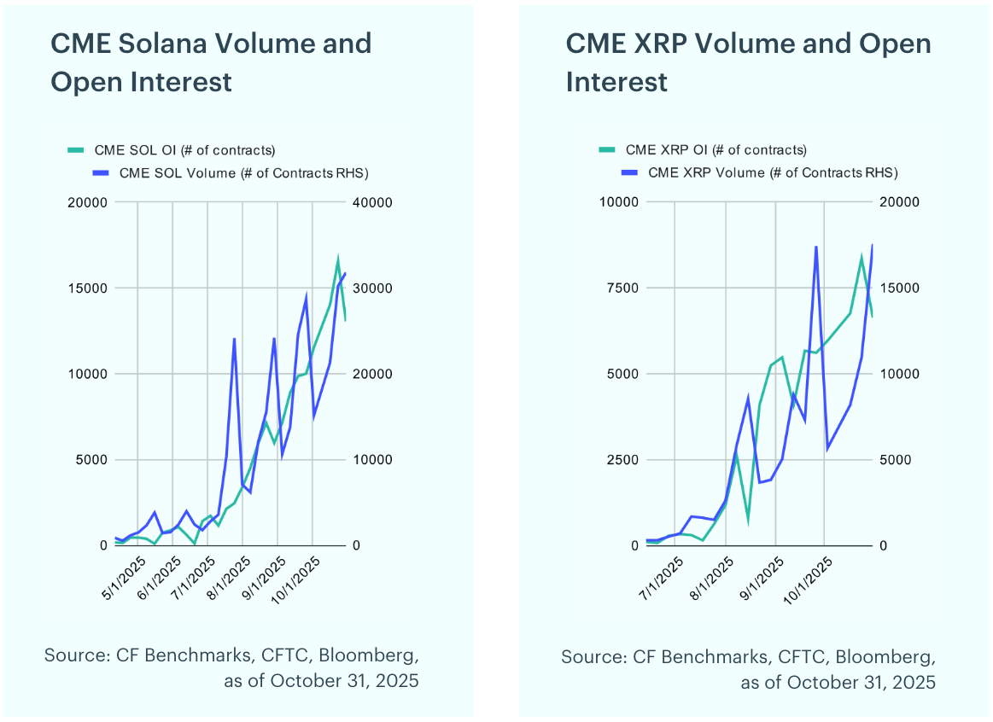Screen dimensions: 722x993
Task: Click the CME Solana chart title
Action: [211, 62]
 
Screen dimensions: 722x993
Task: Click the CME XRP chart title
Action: [748, 62]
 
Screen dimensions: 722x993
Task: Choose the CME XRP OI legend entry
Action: [716, 150]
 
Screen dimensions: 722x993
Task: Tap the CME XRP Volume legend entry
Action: [773, 172]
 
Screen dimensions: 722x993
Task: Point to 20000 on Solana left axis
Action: [87, 202]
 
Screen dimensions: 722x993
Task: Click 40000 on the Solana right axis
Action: [372, 202]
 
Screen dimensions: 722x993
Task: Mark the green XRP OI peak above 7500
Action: [861, 256]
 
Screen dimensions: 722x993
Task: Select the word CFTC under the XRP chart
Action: [801, 657]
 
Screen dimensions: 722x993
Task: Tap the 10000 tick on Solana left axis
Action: [87, 374]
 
